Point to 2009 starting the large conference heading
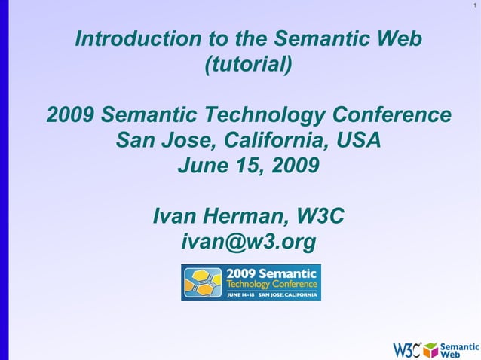click(71, 115)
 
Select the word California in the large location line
click(268, 140)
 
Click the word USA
click(354, 140)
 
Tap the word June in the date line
click(204, 165)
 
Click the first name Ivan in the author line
click(176, 217)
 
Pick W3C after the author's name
click(320, 217)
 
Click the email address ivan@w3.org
click(248, 242)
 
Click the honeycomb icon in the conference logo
click(203, 282)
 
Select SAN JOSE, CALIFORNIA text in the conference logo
click(288, 295)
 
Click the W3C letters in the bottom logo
click(406, 349)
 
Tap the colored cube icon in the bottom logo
click(430, 349)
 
